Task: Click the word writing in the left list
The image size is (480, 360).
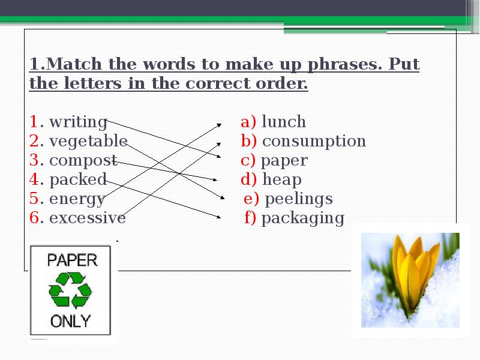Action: [78, 122]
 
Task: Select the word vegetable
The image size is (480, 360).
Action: [88, 142]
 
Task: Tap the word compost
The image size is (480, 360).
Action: [83, 161]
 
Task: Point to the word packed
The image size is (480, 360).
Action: [78, 179]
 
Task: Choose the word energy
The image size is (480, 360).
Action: [77, 199]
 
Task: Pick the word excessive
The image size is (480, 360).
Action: [88, 218]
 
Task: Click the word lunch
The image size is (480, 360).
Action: [284, 122]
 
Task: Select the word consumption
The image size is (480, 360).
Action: [314, 142]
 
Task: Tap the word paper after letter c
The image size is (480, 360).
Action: [284, 161]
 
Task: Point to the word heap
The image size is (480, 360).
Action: [282, 179]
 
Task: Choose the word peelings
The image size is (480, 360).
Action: [298, 199]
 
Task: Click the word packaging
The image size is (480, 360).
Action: [303, 218]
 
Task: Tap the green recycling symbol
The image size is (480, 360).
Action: [70, 290]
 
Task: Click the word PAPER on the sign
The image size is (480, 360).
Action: [71, 260]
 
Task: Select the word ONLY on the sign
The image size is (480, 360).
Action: [70, 320]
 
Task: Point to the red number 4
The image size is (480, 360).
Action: [34, 179]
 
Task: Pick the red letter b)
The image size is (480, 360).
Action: [249, 142]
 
